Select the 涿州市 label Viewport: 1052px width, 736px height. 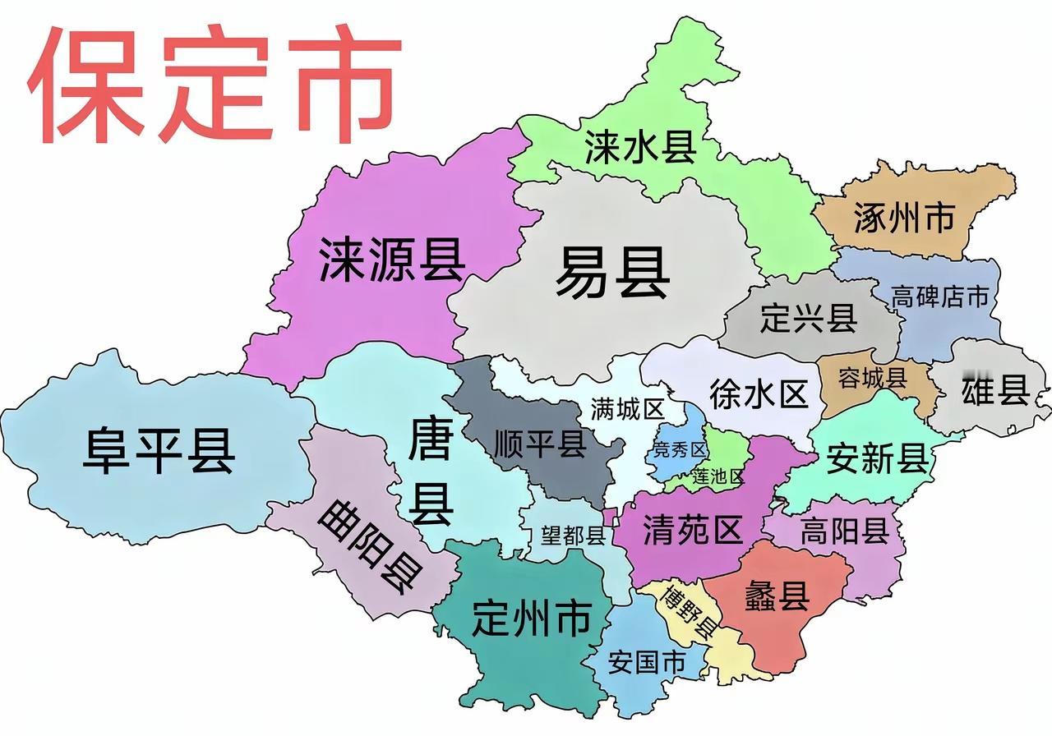coord(903,218)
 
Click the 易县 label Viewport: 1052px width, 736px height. coord(612,274)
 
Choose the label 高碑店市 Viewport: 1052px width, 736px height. coord(940,297)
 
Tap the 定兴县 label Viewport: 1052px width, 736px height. coord(809,317)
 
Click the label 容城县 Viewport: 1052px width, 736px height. coord(872,378)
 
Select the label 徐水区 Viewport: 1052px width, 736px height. coord(758,394)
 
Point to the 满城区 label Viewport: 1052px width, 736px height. coord(627,409)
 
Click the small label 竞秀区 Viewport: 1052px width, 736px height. coord(679,449)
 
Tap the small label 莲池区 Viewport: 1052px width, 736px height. coord(717,476)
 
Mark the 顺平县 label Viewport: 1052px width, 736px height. coord(540,444)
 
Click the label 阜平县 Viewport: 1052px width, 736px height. coord(159,452)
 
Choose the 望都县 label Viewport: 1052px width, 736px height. coord(573,536)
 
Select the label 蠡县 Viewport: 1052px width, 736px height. coord(777,595)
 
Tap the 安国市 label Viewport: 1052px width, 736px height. coord(647,662)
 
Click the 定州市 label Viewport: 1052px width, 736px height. coord(532,618)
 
